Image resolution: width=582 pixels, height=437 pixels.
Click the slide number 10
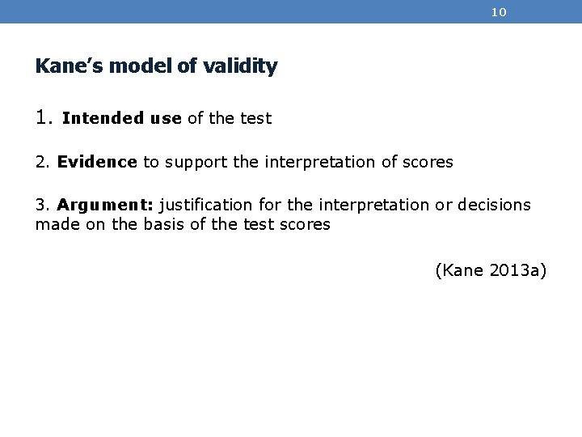(x=499, y=12)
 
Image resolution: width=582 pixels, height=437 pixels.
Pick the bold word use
(x=166, y=119)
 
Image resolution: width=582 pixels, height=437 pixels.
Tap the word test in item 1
(x=256, y=119)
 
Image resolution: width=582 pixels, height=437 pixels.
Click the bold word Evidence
(x=97, y=162)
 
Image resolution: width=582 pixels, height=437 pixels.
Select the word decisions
(x=494, y=205)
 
